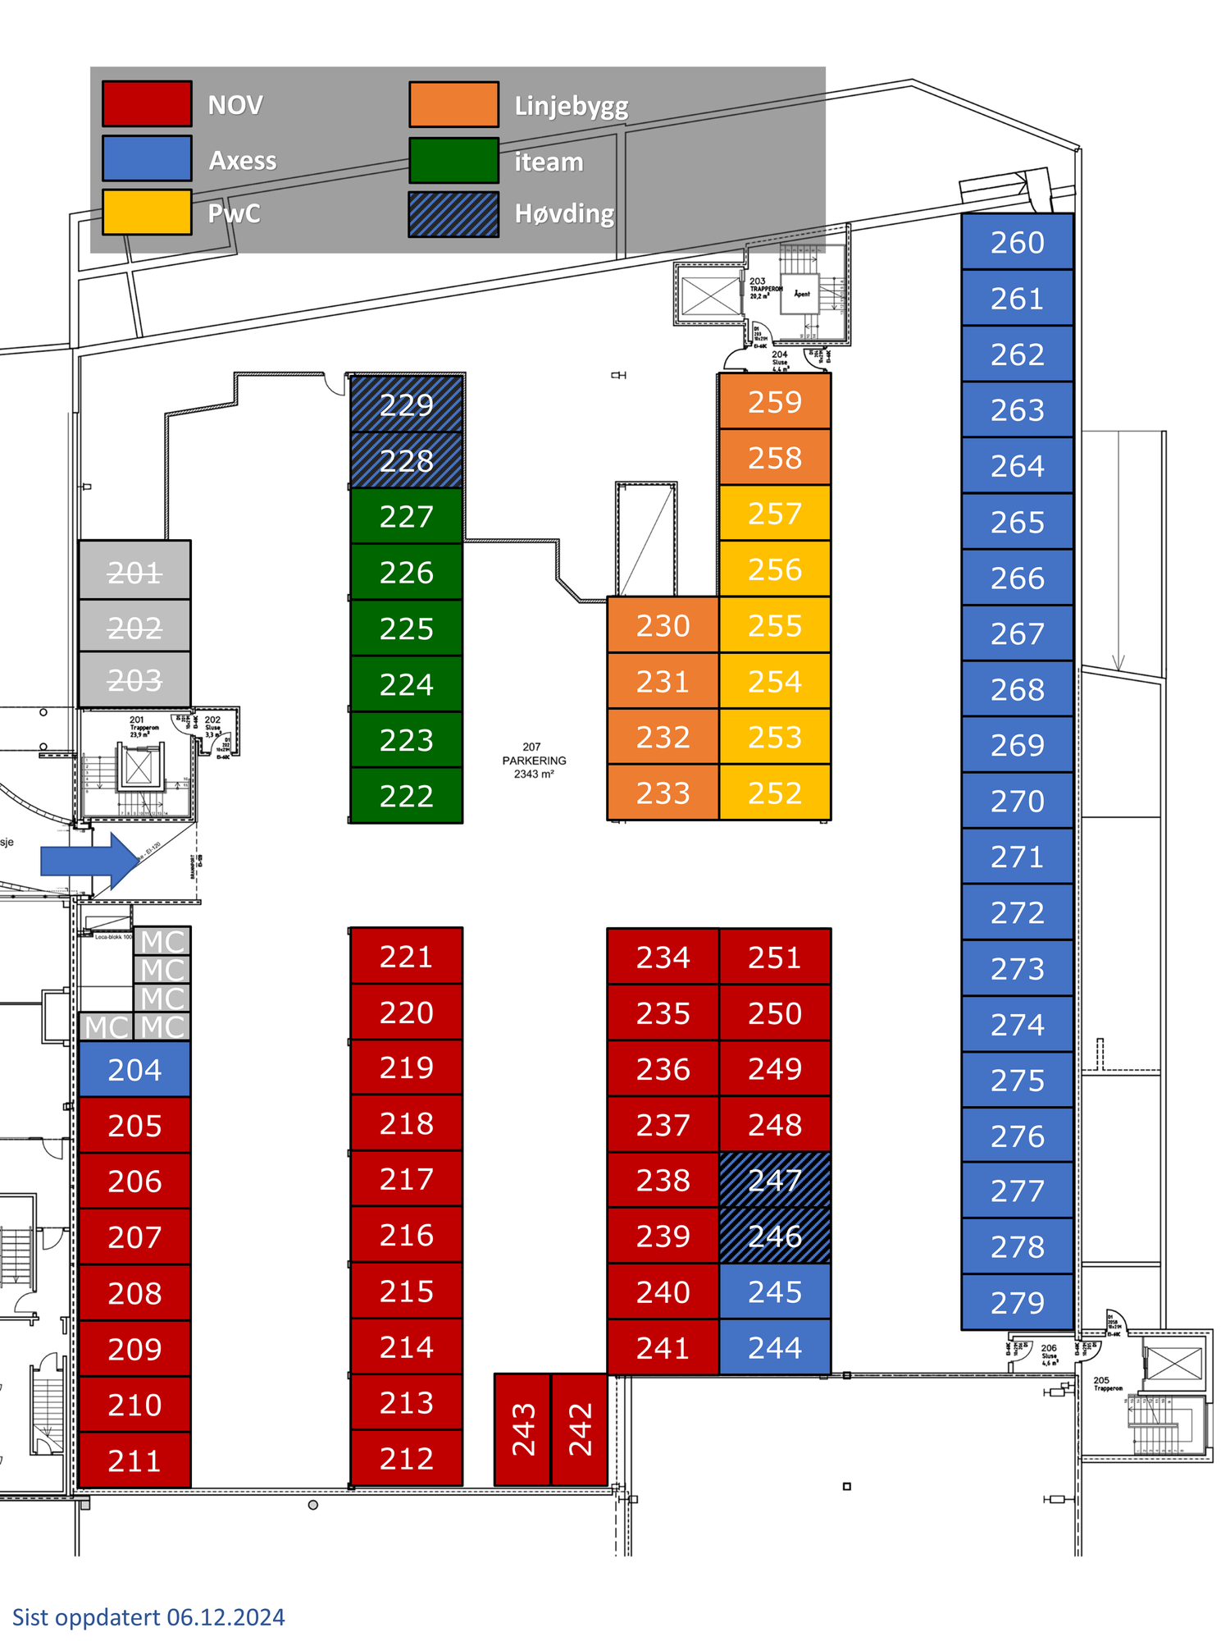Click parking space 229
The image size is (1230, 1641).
click(x=407, y=405)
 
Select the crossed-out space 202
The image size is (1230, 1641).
click(x=134, y=627)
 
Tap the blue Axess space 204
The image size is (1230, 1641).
click(x=134, y=1069)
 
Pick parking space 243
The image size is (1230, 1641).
click(x=522, y=1429)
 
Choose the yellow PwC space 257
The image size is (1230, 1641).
click(x=775, y=514)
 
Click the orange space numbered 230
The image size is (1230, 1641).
click(x=663, y=625)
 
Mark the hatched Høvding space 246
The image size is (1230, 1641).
click(x=775, y=1236)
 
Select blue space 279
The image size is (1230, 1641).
click(x=1017, y=1302)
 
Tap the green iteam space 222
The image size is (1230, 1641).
click(x=407, y=796)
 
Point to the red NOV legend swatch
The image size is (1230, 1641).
click(x=147, y=104)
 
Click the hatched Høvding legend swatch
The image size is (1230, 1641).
click(x=453, y=214)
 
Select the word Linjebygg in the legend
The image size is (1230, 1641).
click(x=571, y=106)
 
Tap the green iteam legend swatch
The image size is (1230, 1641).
click(x=453, y=160)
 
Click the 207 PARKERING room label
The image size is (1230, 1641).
click(x=534, y=761)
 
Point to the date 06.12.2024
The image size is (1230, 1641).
click(x=225, y=1617)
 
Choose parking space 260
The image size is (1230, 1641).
click(x=1017, y=242)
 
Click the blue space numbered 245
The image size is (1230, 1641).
click(x=775, y=1292)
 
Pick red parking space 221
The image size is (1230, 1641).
click(x=407, y=957)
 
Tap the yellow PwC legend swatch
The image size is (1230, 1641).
click(x=147, y=213)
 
